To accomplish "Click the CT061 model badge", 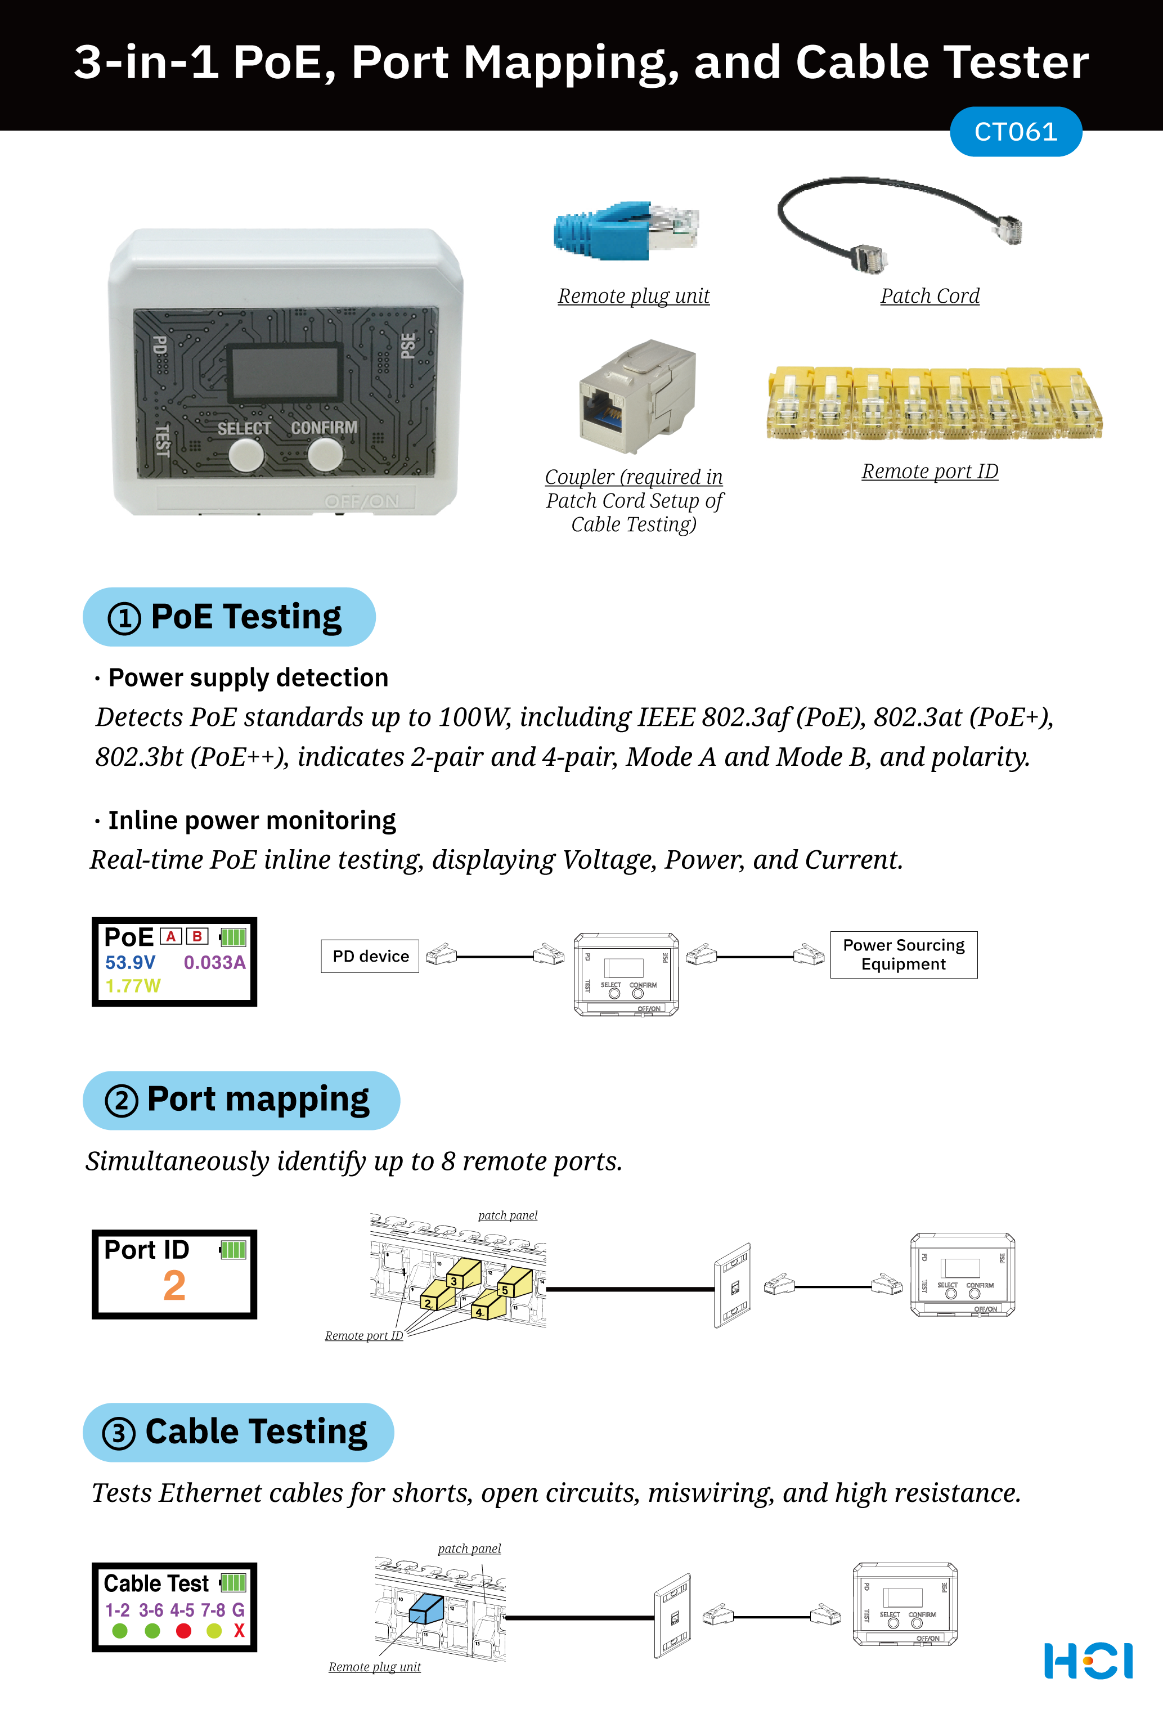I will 1015,132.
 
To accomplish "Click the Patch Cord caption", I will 929,296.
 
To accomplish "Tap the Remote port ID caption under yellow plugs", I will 929,472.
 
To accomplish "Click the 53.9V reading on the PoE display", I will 130,962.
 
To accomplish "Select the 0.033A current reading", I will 214,962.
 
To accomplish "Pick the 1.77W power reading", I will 132,986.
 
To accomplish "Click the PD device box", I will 370,957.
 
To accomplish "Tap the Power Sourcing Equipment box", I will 904,955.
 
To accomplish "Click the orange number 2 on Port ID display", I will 174,1286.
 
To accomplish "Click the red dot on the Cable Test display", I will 183,1631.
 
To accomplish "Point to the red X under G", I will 239,1631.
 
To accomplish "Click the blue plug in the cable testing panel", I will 426,1609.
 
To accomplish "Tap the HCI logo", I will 1088,1661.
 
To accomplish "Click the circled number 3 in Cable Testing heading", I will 119,1434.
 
